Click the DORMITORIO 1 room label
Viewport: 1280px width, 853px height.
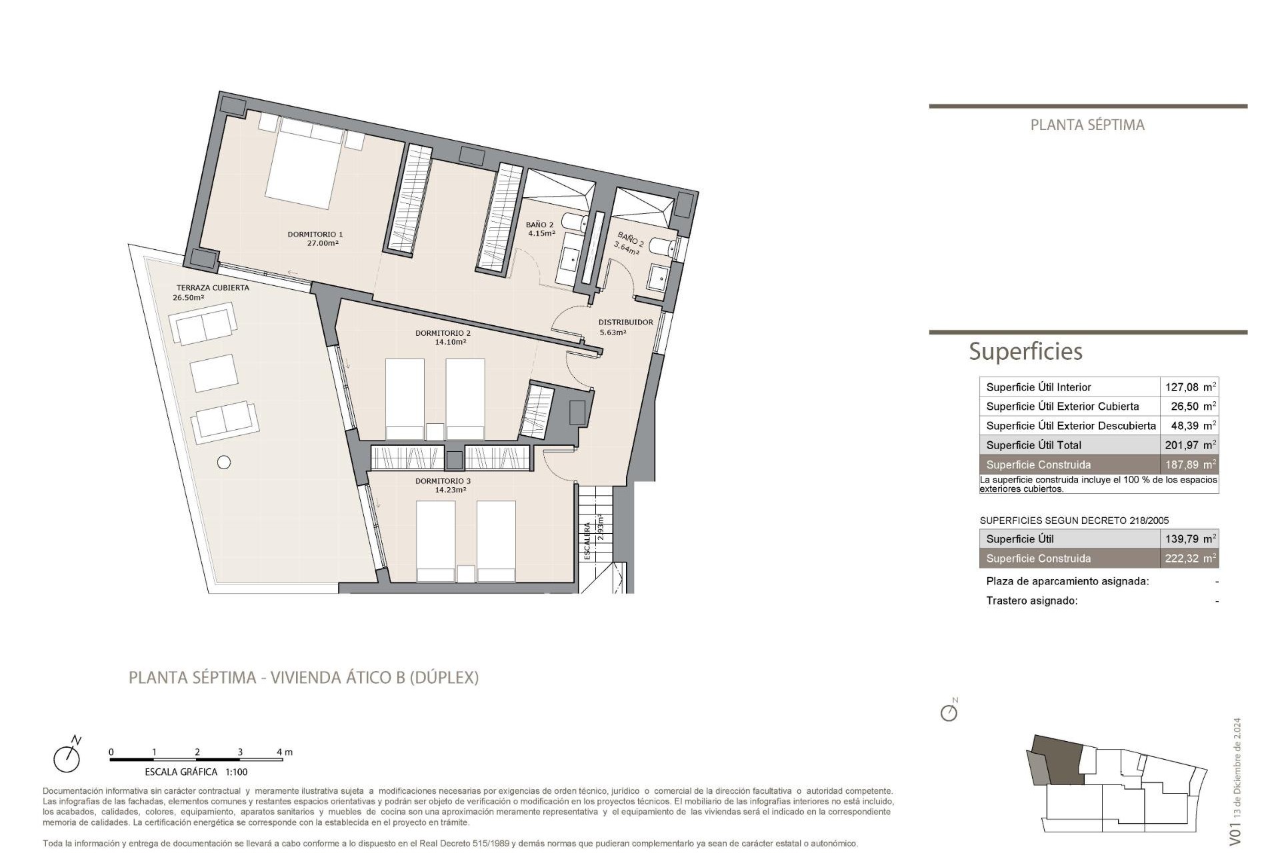(315, 235)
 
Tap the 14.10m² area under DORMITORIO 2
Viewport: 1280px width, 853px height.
(450, 342)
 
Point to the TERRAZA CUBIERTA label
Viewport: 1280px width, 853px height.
(213, 288)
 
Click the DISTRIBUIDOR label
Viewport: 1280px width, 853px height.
(625, 323)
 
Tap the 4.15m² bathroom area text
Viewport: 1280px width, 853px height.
(541, 234)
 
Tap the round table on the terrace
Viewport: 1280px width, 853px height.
(224, 462)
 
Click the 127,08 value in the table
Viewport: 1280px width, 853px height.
(1181, 387)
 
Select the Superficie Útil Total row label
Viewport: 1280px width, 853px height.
(1033, 445)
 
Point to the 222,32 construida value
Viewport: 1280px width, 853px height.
(1181, 558)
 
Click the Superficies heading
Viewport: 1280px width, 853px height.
(1025, 351)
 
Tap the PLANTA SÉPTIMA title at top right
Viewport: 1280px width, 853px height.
(1087, 125)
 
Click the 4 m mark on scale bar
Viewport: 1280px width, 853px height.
(284, 752)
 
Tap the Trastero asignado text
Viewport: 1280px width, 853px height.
(1031, 600)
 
